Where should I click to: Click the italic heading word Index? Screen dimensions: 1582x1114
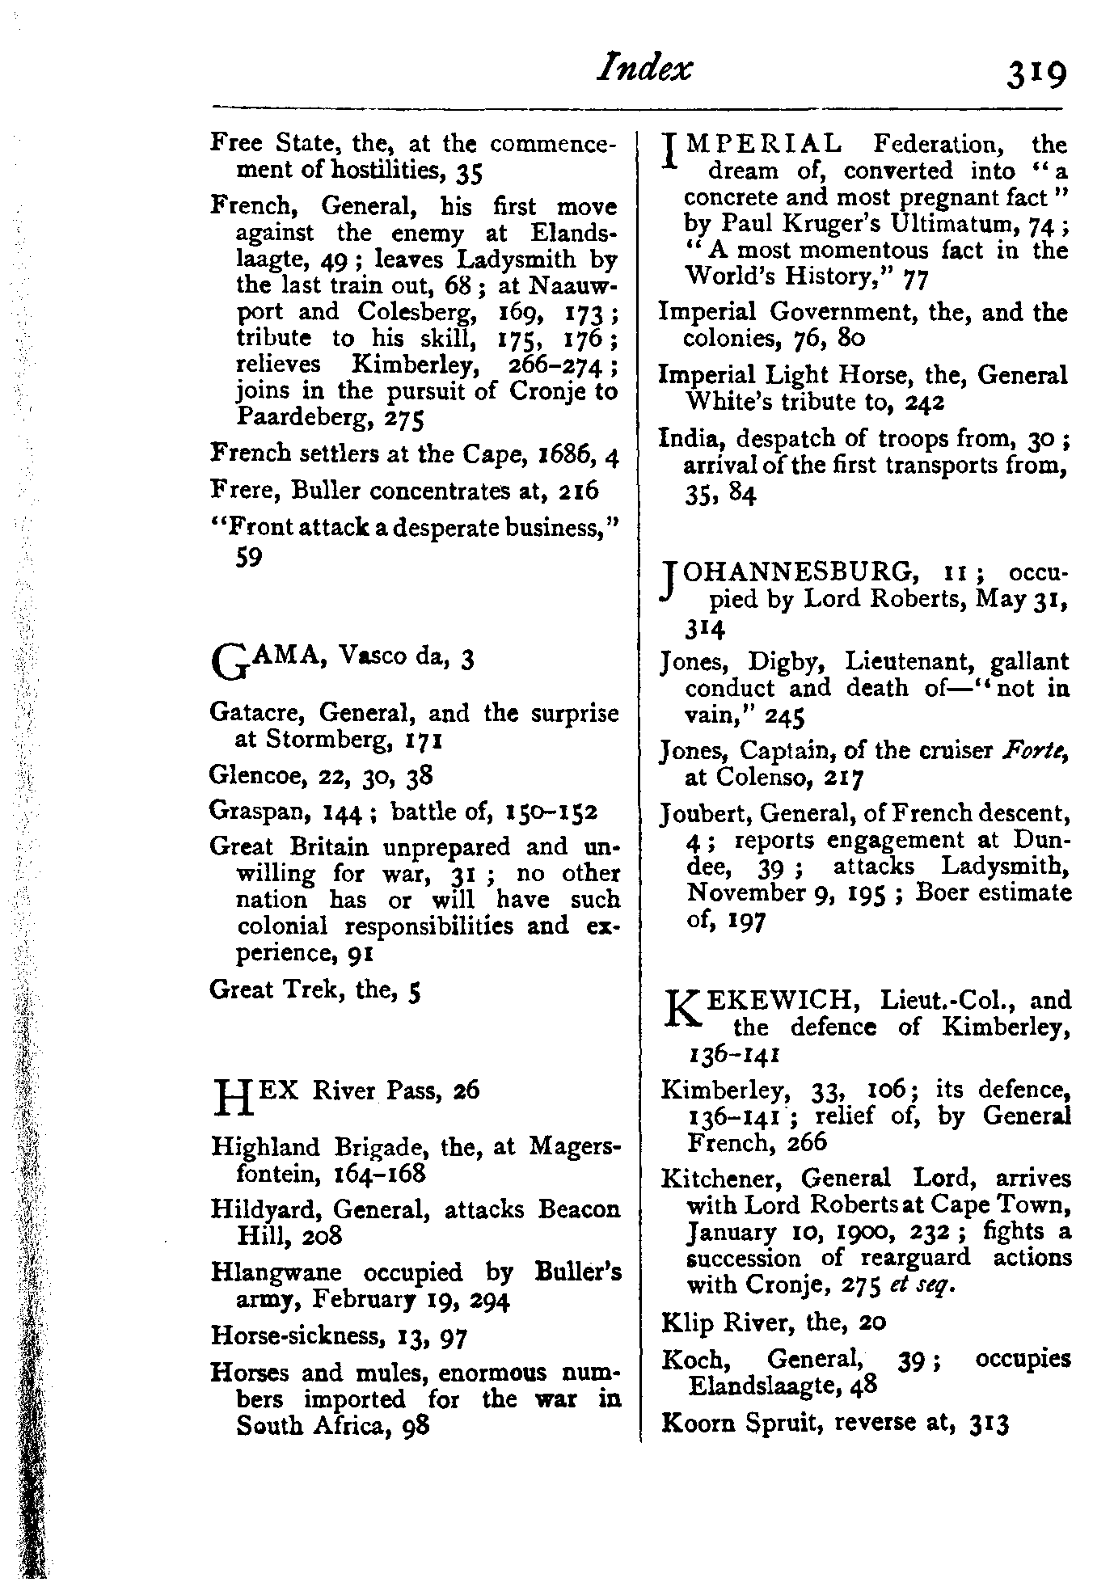coord(644,69)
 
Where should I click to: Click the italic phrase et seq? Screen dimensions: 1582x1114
coord(931,1285)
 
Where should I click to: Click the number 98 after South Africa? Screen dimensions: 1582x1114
coord(415,1425)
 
